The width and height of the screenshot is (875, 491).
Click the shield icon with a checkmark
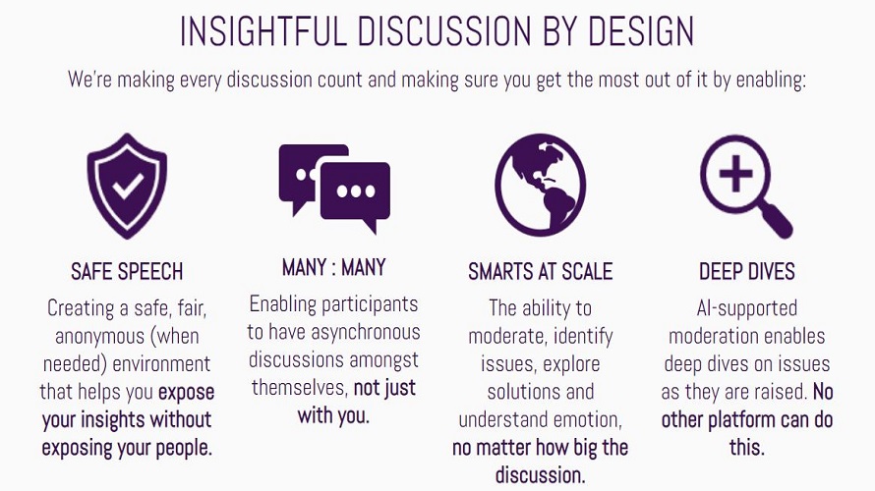(x=127, y=186)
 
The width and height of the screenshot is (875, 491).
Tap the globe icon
(x=540, y=185)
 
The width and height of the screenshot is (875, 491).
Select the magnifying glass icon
(x=746, y=187)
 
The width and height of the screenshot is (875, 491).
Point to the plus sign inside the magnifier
(x=735, y=173)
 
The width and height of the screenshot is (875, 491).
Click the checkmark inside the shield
(x=128, y=187)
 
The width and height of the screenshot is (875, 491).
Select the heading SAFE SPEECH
(x=127, y=271)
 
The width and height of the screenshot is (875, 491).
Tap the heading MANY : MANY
(x=333, y=267)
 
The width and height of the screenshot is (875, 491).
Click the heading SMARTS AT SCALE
(x=540, y=271)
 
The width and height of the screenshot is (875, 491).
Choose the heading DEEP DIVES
(x=746, y=271)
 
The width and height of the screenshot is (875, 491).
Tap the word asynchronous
(x=366, y=333)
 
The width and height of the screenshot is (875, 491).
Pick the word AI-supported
(x=746, y=308)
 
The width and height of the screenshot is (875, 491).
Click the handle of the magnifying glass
(x=778, y=221)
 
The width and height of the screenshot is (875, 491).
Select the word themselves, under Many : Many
(x=300, y=387)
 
